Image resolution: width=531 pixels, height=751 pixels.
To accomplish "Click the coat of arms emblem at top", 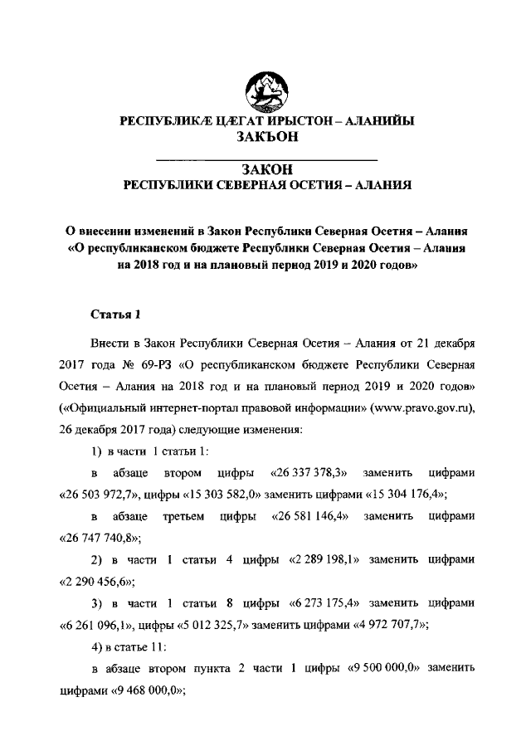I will pos(265,88).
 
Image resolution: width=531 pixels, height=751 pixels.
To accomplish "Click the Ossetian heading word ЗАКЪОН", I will pos(266,139).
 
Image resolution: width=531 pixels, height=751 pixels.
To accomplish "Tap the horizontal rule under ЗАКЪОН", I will pos(266,158).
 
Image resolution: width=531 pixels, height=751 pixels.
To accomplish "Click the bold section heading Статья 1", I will pos(116,314).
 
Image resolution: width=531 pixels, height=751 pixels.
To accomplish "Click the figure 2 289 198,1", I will pos(323,559).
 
